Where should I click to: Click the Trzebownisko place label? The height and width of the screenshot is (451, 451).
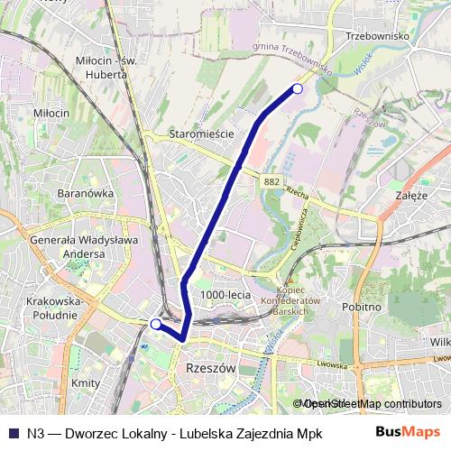[377, 36]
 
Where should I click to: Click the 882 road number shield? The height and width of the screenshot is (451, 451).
[272, 181]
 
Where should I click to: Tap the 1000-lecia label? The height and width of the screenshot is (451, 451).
[225, 294]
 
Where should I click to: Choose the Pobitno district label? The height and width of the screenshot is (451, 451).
[363, 307]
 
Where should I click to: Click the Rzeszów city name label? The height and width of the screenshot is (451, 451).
[209, 369]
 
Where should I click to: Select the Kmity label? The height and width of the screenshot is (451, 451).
[85, 382]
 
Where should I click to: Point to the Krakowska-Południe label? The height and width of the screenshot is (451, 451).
[56, 307]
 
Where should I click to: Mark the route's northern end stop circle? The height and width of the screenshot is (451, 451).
[298, 87]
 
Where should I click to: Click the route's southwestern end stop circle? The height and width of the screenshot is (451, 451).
[155, 323]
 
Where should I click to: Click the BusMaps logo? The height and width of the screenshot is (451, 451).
[409, 431]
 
